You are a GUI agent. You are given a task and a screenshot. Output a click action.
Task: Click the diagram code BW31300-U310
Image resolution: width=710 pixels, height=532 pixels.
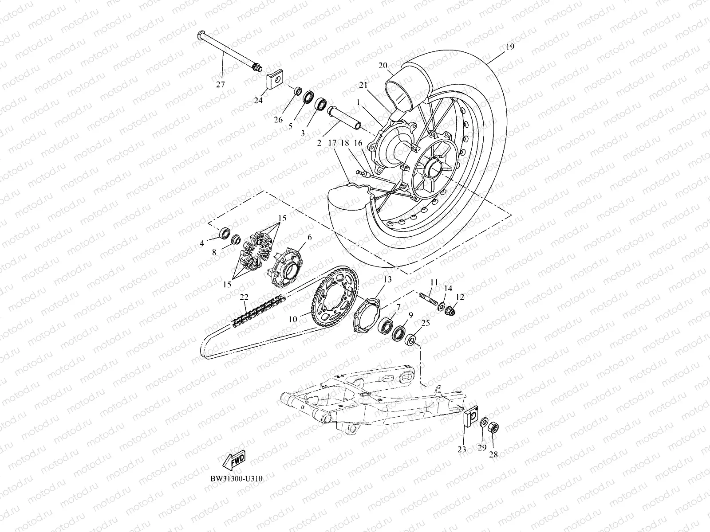pyautogui.click(x=233, y=479)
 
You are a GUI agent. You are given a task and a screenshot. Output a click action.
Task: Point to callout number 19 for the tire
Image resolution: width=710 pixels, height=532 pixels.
pyautogui.click(x=510, y=47)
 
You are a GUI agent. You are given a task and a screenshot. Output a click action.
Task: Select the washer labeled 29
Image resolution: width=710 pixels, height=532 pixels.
pyautogui.click(x=485, y=421)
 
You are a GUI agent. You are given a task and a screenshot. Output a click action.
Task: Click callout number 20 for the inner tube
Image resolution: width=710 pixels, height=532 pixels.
pyautogui.click(x=383, y=65)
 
